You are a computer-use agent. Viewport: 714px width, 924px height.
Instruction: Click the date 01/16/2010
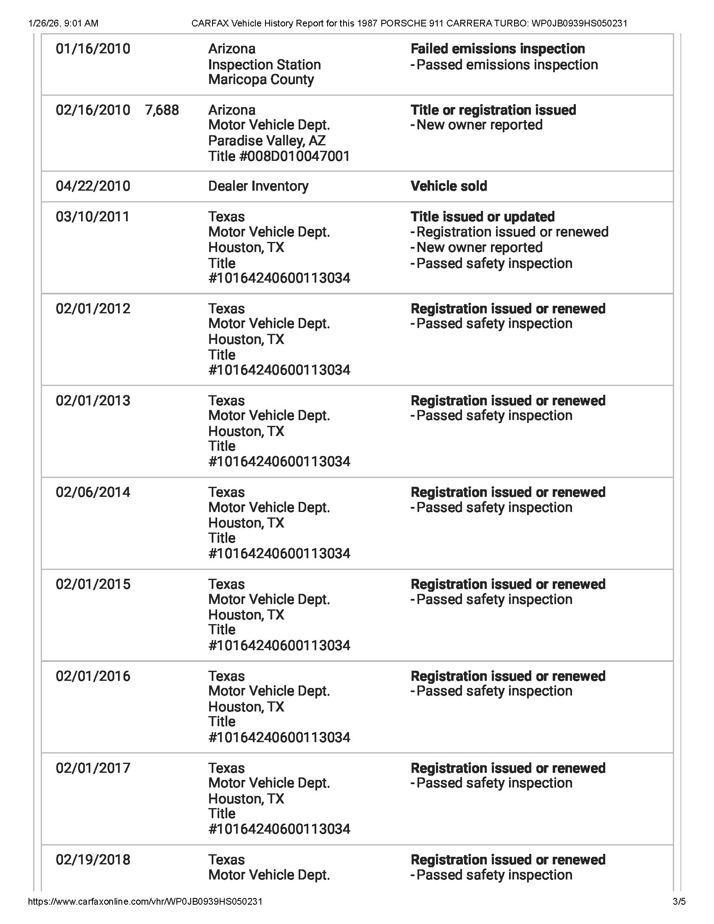(93, 49)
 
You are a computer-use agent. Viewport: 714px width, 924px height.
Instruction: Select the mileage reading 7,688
(162, 110)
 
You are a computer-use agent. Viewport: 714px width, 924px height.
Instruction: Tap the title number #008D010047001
(279, 157)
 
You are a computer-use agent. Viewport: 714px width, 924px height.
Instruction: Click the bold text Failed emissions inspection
(497, 49)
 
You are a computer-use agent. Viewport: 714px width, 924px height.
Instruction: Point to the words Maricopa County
(261, 79)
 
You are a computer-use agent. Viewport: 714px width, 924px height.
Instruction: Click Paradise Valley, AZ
(267, 141)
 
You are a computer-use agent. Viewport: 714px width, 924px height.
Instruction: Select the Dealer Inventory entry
(258, 186)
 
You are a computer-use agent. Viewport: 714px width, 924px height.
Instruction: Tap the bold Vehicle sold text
(449, 186)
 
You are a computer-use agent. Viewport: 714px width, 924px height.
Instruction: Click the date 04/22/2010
(93, 186)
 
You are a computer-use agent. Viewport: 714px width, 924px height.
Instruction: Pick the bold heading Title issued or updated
(482, 217)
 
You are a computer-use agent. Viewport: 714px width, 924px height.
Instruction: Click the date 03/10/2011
(93, 217)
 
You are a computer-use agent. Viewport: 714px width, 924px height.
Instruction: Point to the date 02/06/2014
(93, 493)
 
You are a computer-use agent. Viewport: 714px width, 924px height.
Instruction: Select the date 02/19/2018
(93, 860)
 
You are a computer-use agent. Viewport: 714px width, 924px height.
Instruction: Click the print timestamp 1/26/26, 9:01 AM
(63, 23)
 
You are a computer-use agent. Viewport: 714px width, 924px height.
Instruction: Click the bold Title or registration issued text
(493, 110)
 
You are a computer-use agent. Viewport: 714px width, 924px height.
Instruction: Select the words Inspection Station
(264, 65)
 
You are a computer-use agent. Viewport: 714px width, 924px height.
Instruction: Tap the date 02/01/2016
(93, 676)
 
